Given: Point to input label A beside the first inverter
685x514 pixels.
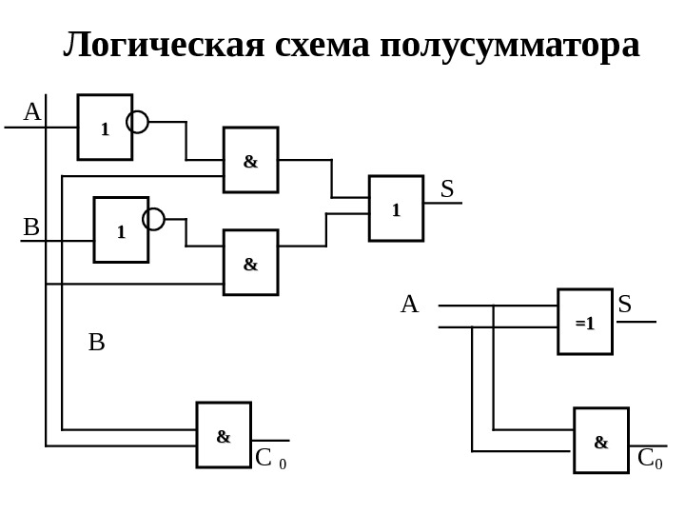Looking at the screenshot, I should (x=31, y=112).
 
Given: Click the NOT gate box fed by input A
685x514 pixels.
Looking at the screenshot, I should (x=105, y=127).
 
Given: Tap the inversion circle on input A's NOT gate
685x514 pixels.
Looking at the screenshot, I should (x=138, y=122).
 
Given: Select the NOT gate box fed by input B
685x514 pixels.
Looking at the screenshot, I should (x=121, y=229).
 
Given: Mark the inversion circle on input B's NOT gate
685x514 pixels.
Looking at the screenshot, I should (x=153, y=220).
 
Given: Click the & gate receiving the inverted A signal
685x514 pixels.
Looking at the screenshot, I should (x=250, y=160).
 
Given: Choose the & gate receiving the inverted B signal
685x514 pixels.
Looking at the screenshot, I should (x=250, y=262).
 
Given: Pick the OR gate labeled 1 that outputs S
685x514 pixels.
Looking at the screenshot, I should (x=396, y=208).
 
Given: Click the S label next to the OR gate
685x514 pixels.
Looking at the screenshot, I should (x=447, y=188).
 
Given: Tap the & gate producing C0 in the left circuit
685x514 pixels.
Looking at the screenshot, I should (x=224, y=435).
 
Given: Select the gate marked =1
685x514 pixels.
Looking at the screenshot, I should (x=585, y=322).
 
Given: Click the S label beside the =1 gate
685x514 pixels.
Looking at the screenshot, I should (x=625, y=305).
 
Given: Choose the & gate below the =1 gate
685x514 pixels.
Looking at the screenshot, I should (x=601, y=440).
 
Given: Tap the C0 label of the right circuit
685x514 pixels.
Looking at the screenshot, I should (x=651, y=460).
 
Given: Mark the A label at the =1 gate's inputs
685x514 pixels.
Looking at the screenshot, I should (x=409, y=305).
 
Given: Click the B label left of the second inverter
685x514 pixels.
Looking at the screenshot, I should (x=31, y=227).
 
